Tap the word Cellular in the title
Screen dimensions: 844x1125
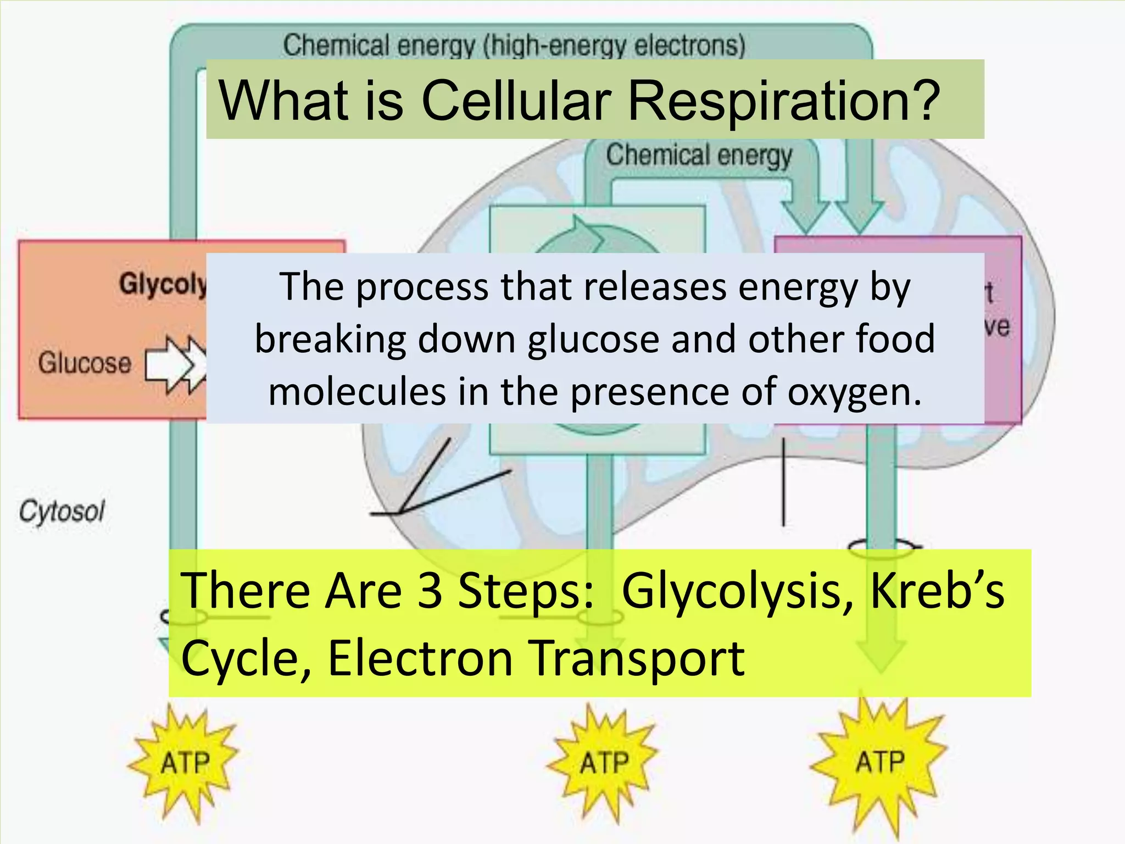(x=516, y=101)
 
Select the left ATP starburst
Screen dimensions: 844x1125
(x=185, y=763)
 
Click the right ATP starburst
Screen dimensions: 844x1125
(x=879, y=762)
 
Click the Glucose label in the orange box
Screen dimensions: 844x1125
(x=85, y=363)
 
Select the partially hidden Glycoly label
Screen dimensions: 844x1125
(x=163, y=285)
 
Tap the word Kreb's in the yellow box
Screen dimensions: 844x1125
(x=937, y=591)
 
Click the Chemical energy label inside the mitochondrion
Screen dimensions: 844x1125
(x=699, y=156)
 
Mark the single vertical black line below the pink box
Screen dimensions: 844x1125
(x=783, y=484)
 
